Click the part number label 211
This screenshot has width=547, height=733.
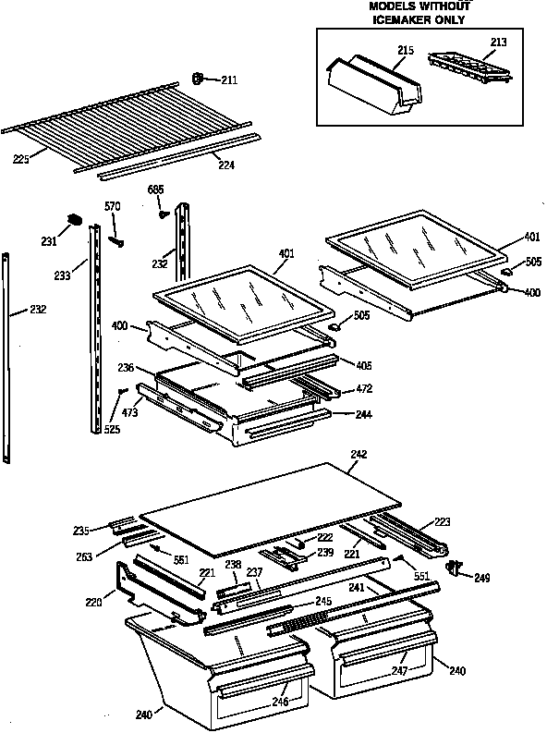[x=228, y=80]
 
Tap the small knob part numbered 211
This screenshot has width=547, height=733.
[x=197, y=79]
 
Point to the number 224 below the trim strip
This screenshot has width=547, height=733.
[x=225, y=166]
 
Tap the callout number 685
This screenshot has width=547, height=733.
[x=156, y=190]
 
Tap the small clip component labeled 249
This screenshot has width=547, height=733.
[x=453, y=568]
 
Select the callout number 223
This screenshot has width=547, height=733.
[x=443, y=522]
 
